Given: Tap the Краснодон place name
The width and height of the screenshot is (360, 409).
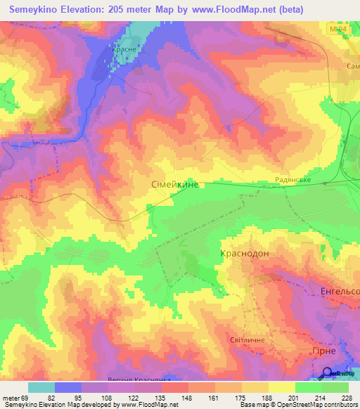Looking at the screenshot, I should [x=245, y=254].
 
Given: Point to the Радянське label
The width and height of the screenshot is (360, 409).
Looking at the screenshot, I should [x=291, y=180].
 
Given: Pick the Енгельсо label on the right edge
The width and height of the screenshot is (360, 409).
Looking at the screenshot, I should [x=340, y=291].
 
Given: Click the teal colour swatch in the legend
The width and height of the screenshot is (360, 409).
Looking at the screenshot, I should [x=41, y=387].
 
